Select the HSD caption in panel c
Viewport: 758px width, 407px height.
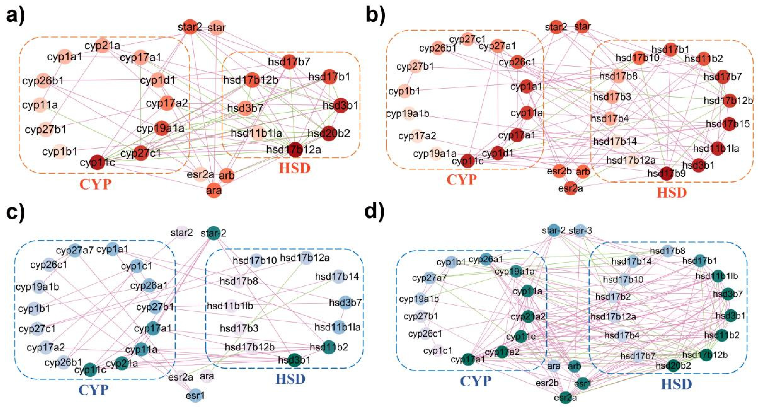[x=290, y=379]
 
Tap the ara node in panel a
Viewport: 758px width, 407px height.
[x=214, y=190]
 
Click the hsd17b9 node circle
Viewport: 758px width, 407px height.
[x=667, y=173]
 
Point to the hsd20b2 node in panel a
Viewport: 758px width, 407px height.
[x=329, y=133]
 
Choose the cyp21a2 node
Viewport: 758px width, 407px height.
[x=528, y=317]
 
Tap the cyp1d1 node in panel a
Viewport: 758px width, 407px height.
[x=158, y=80]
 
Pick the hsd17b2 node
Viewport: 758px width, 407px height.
[x=613, y=297]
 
